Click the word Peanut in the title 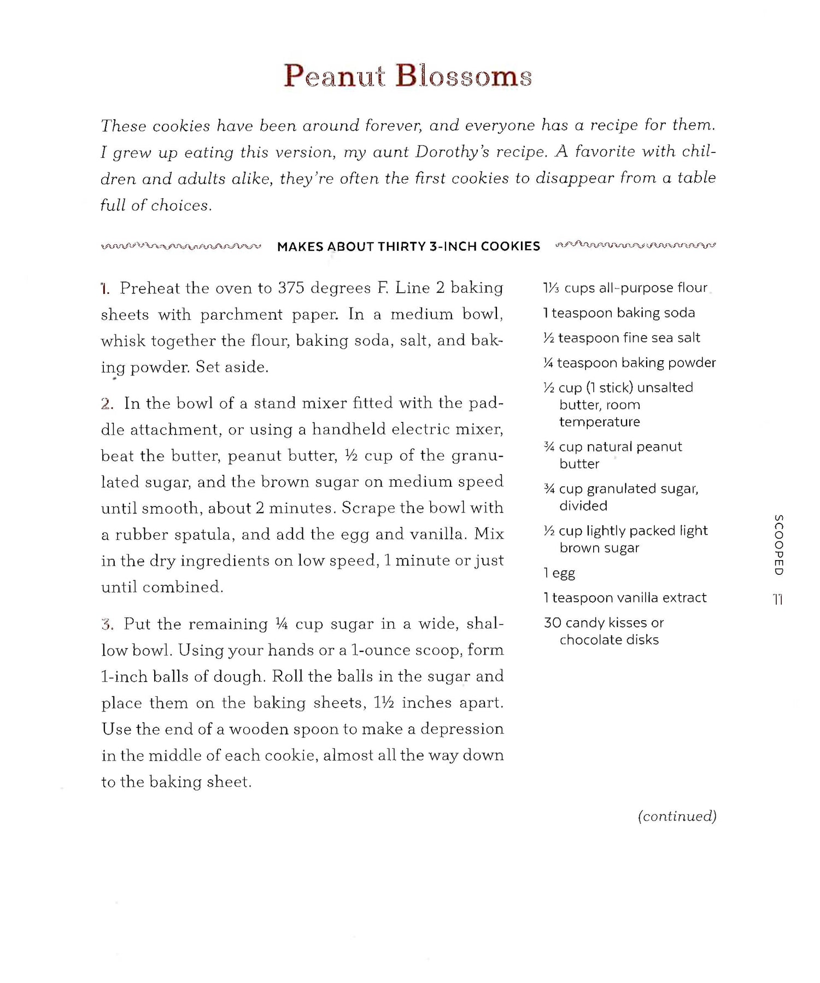[x=335, y=76]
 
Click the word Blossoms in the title [x=464, y=76]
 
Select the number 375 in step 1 [x=291, y=288]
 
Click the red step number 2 [x=107, y=404]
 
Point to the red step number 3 [x=107, y=624]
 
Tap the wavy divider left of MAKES [x=181, y=246]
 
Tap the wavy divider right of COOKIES [x=635, y=245]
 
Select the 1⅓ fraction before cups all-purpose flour [x=551, y=288]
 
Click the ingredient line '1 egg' [x=559, y=573]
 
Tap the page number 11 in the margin [x=778, y=599]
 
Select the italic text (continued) [x=677, y=816]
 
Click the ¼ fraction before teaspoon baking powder [x=548, y=363]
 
